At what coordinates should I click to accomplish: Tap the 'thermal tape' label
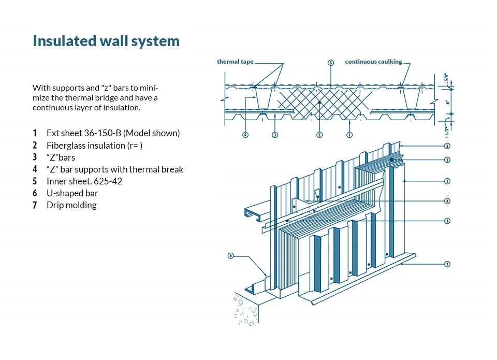[235, 62]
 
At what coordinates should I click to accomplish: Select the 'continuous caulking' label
[373, 62]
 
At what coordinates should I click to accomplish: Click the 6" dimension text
[447, 102]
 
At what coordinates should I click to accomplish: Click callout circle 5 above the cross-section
[331, 62]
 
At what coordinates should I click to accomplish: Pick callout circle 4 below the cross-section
[245, 135]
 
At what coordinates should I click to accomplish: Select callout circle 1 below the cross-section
[350, 135]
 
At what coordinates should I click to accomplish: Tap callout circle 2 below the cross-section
[319, 135]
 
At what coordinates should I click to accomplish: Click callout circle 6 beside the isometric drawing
[231, 255]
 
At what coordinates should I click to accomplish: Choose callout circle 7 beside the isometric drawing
[447, 264]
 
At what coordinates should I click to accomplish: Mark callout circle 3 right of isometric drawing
[447, 221]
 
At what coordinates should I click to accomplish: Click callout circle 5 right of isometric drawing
[447, 146]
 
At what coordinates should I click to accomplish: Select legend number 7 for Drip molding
[35, 205]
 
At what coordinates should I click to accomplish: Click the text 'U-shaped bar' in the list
[72, 193]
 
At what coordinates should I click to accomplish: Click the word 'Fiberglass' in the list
[65, 146]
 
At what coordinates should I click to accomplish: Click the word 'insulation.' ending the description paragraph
[122, 108]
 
